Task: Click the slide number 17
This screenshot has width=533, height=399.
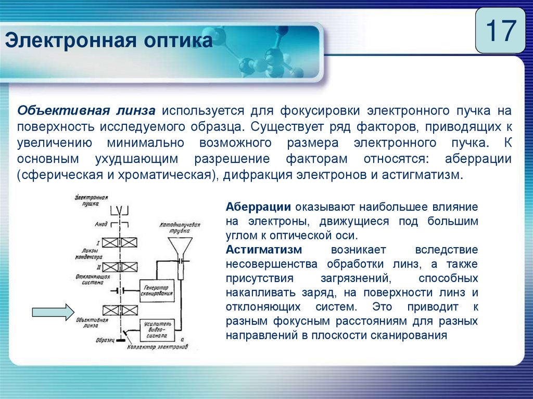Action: pos(500,31)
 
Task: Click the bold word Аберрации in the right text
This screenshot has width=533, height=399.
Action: pos(258,207)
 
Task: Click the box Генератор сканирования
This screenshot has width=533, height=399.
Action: pos(156,289)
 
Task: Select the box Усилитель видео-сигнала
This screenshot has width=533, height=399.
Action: pos(156,329)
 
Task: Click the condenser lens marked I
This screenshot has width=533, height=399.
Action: pos(120,242)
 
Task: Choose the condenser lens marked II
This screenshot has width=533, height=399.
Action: pos(120,267)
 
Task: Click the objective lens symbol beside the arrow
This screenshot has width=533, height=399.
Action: pos(120,311)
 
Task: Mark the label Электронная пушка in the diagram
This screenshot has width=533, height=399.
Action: pos(91,201)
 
